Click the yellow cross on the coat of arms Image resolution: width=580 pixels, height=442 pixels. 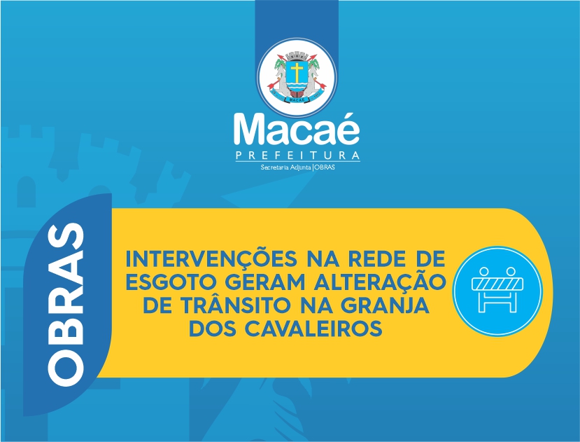(x=297, y=71)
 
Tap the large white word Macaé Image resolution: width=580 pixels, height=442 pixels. (x=297, y=129)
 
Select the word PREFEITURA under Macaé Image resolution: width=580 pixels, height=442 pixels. (x=298, y=155)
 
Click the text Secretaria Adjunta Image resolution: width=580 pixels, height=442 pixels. (x=285, y=167)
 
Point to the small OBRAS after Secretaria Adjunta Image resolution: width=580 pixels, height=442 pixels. (x=325, y=167)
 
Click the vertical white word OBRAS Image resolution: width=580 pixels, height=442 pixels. (x=66, y=305)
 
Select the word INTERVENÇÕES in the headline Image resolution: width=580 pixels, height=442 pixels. (x=211, y=258)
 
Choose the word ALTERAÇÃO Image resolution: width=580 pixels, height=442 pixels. (x=379, y=281)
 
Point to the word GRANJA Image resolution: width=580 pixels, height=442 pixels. (x=385, y=305)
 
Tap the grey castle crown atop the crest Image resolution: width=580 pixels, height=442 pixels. (x=297, y=56)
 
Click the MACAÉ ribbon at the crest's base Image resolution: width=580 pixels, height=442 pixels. (x=297, y=99)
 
